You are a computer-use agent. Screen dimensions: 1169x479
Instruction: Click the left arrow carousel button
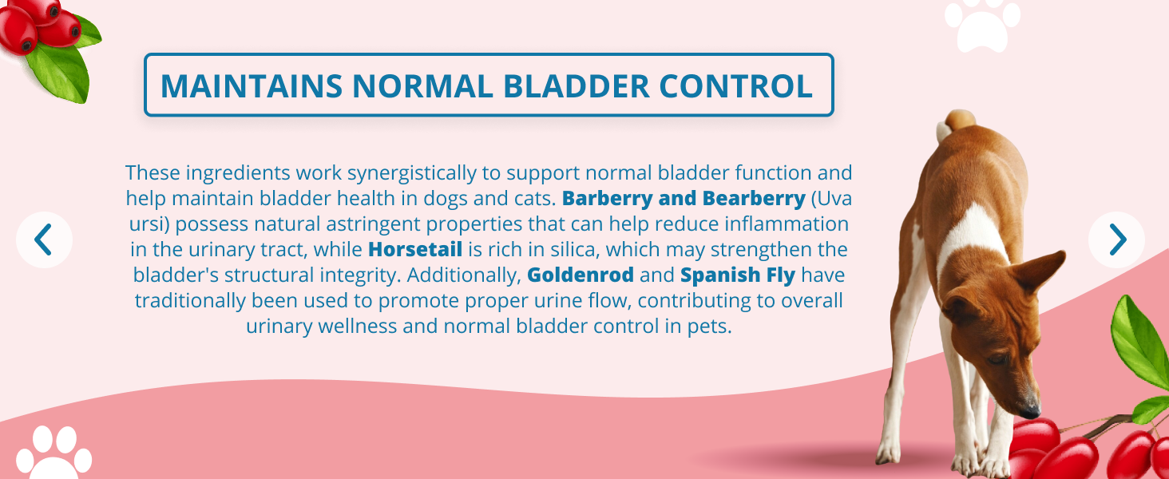(x=44, y=239)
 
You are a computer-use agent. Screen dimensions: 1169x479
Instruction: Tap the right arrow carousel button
(x=1117, y=239)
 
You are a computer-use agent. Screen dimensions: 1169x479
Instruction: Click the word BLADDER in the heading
(x=577, y=85)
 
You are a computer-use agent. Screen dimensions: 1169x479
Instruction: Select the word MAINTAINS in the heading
(x=252, y=85)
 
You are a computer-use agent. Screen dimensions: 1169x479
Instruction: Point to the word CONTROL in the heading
(x=736, y=85)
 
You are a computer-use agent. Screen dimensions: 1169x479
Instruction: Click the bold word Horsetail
(x=415, y=249)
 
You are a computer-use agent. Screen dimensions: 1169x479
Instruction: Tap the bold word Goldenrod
(x=581, y=275)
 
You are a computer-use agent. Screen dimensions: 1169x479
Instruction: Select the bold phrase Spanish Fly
(x=737, y=275)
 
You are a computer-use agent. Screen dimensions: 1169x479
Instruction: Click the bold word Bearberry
(x=754, y=199)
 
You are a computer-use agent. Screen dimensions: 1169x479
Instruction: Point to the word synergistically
(x=412, y=173)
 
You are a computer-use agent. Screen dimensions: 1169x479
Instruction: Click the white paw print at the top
(x=983, y=25)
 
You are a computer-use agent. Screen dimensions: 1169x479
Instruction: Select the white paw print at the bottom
(x=53, y=453)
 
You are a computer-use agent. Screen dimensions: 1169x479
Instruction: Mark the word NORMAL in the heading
(x=422, y=85)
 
